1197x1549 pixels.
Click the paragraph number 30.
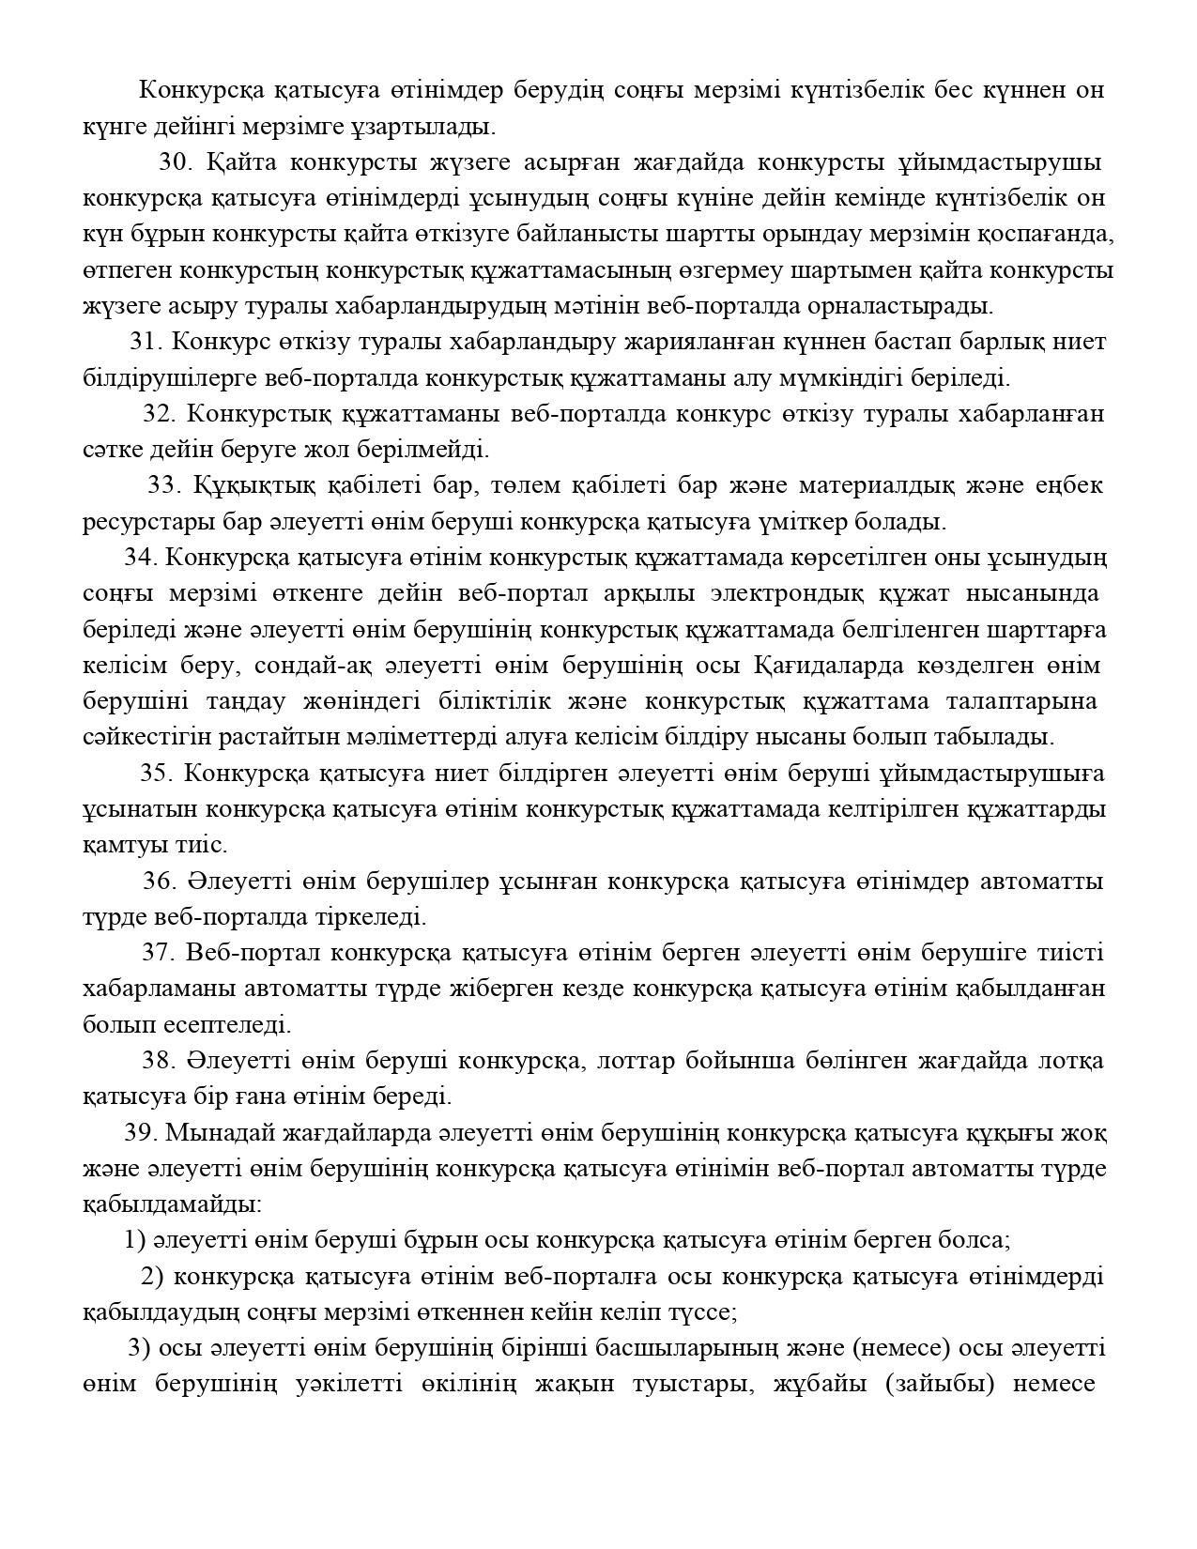tap(176, 162)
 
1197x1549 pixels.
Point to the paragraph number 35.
tap(156, 773)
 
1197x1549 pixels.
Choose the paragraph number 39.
tap(139, 1132)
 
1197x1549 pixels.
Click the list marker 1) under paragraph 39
tap(135, 1240)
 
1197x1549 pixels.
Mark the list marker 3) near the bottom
tap(139, 1348)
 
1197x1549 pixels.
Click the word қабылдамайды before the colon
tap(170, 1204)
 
